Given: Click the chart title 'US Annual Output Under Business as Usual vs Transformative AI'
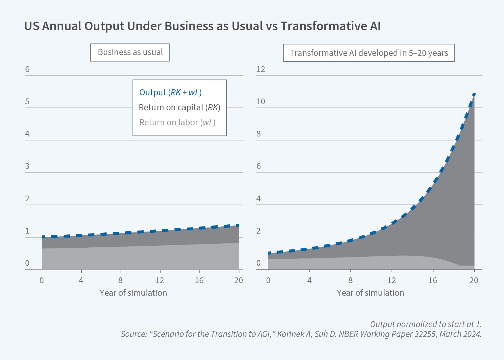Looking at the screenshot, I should tap(202, 26).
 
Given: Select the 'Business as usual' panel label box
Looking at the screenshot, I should tap(130, 52).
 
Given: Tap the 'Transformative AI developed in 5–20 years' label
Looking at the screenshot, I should tap(369, 53).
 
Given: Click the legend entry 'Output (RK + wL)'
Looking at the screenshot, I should tap(170, 92).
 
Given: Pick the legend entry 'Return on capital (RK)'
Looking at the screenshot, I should tap(179, 107).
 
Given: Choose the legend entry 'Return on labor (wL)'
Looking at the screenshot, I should tap(177, 122).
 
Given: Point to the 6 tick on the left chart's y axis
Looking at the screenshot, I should tap(27, 69).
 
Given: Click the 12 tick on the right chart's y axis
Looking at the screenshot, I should tap(260, 69).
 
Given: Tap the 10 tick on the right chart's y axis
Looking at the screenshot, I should tap(260, 102).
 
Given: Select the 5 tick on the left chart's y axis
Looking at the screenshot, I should tap(27, 102).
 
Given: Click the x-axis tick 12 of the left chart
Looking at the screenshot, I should tap(160, 280).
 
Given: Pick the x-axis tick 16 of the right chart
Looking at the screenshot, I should tap(433, 280).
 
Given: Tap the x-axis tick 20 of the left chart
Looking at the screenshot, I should tap(239, 280).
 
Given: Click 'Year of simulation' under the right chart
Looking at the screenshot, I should tap(370, 293).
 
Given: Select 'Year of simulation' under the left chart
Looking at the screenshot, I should tap(133, 293).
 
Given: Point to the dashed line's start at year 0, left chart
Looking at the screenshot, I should tap(43, 237).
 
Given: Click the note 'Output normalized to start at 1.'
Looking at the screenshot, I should tap(426, 324).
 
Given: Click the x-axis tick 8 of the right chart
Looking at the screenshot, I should tap(350, 280).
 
